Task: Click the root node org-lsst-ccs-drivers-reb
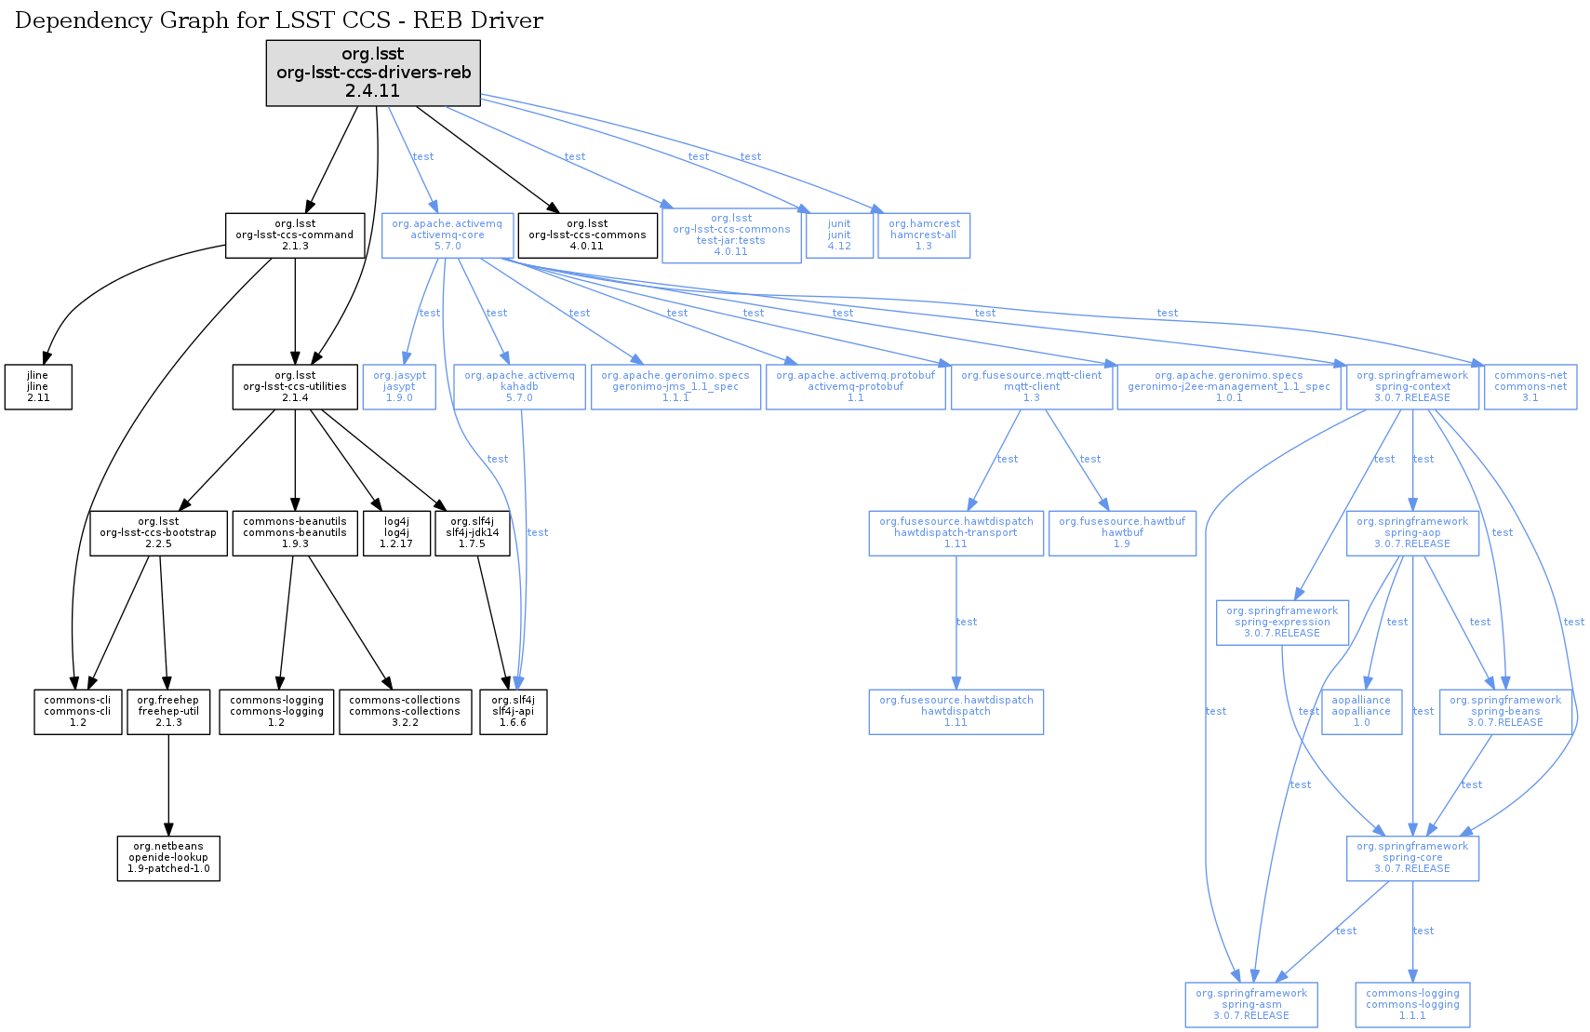(373, 73)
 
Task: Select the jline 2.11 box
(38, 386)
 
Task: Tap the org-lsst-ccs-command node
(295, 235)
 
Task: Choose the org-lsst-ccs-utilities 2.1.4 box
(295, 386)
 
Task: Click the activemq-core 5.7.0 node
(447, 235)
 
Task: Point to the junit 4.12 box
(839, 235)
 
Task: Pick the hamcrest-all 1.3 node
(923, 235)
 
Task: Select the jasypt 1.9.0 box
(399, 386)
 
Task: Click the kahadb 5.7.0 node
(519, 386)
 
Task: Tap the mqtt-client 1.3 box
(1031, 386)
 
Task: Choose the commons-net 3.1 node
(1530, 386)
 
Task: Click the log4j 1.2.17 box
(396, 532)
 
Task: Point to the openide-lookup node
(168, 857)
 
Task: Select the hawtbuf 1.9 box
(1122, 532)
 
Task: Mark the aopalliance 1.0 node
(1361, 711)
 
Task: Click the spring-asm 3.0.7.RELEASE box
(1251, 1004)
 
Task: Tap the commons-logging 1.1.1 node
(1412, 1004)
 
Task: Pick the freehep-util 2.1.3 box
(168, 711)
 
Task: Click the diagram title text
(279, 20)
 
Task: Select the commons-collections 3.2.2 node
(405, 711)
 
